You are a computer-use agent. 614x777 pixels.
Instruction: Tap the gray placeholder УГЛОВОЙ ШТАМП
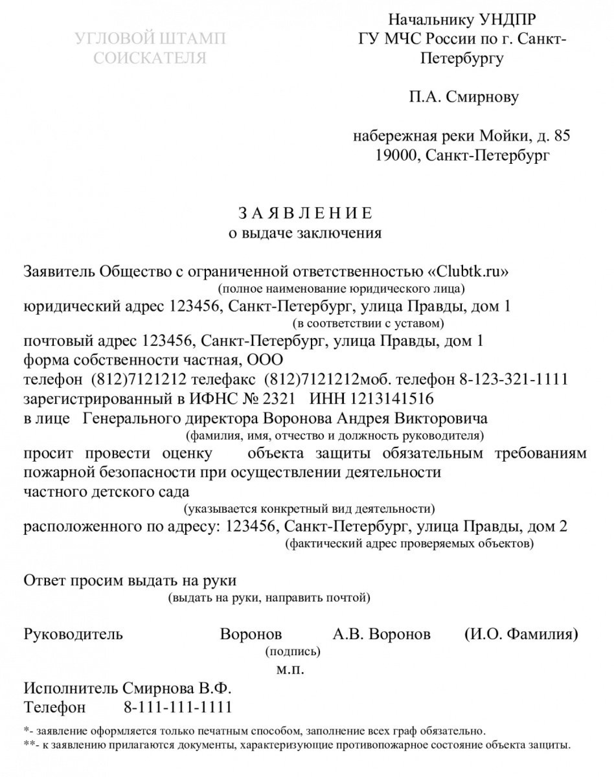coord(150,39)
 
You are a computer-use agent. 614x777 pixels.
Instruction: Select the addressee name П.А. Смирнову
coord(464,97)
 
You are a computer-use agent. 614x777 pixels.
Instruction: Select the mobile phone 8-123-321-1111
coord(514,379)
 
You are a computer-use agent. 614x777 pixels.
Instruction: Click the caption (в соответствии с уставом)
coord(369,324)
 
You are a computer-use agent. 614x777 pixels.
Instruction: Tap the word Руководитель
coord(73,634)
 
